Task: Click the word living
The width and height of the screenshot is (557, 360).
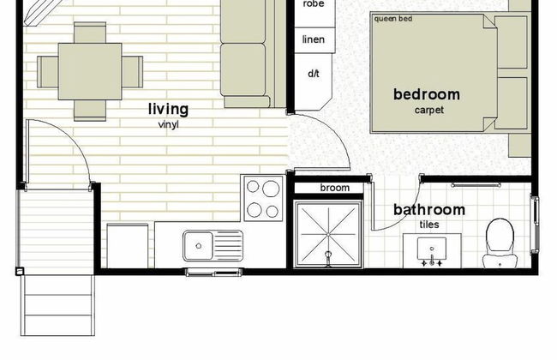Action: [x=168, y=109]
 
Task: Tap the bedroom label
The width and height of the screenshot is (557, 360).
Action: [x=427, y=94]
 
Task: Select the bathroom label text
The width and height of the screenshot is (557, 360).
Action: [x=429, y=210]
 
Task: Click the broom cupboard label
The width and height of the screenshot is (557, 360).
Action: [x=334, y=188]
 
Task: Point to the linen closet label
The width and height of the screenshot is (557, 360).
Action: [x=314, y=39]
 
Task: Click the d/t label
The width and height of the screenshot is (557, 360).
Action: [x=314, y=74]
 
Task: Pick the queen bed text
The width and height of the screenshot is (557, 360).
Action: [x=392, y=19]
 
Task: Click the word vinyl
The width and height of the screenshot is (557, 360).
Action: [x=168, y=125]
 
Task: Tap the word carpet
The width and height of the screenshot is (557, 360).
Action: [x=429, y=110]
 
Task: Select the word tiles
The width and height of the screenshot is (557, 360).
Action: [x=429, y=225]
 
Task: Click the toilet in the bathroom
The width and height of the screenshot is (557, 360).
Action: [x=500, y=243]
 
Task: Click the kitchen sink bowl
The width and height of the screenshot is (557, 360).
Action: [x=199, y=245]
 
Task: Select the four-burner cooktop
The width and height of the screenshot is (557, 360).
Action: [x=262, y=198]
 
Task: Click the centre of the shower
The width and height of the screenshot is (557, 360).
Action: [x=328, y=235]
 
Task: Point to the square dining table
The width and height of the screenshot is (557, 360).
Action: [x=90, y=71]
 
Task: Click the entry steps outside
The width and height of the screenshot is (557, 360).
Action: [x=57, y=305]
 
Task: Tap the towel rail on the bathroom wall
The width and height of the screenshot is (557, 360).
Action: [x=476, y=185]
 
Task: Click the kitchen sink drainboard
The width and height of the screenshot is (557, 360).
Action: [x=228, y=245]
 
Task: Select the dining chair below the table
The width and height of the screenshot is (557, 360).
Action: [x=90, y=111]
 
